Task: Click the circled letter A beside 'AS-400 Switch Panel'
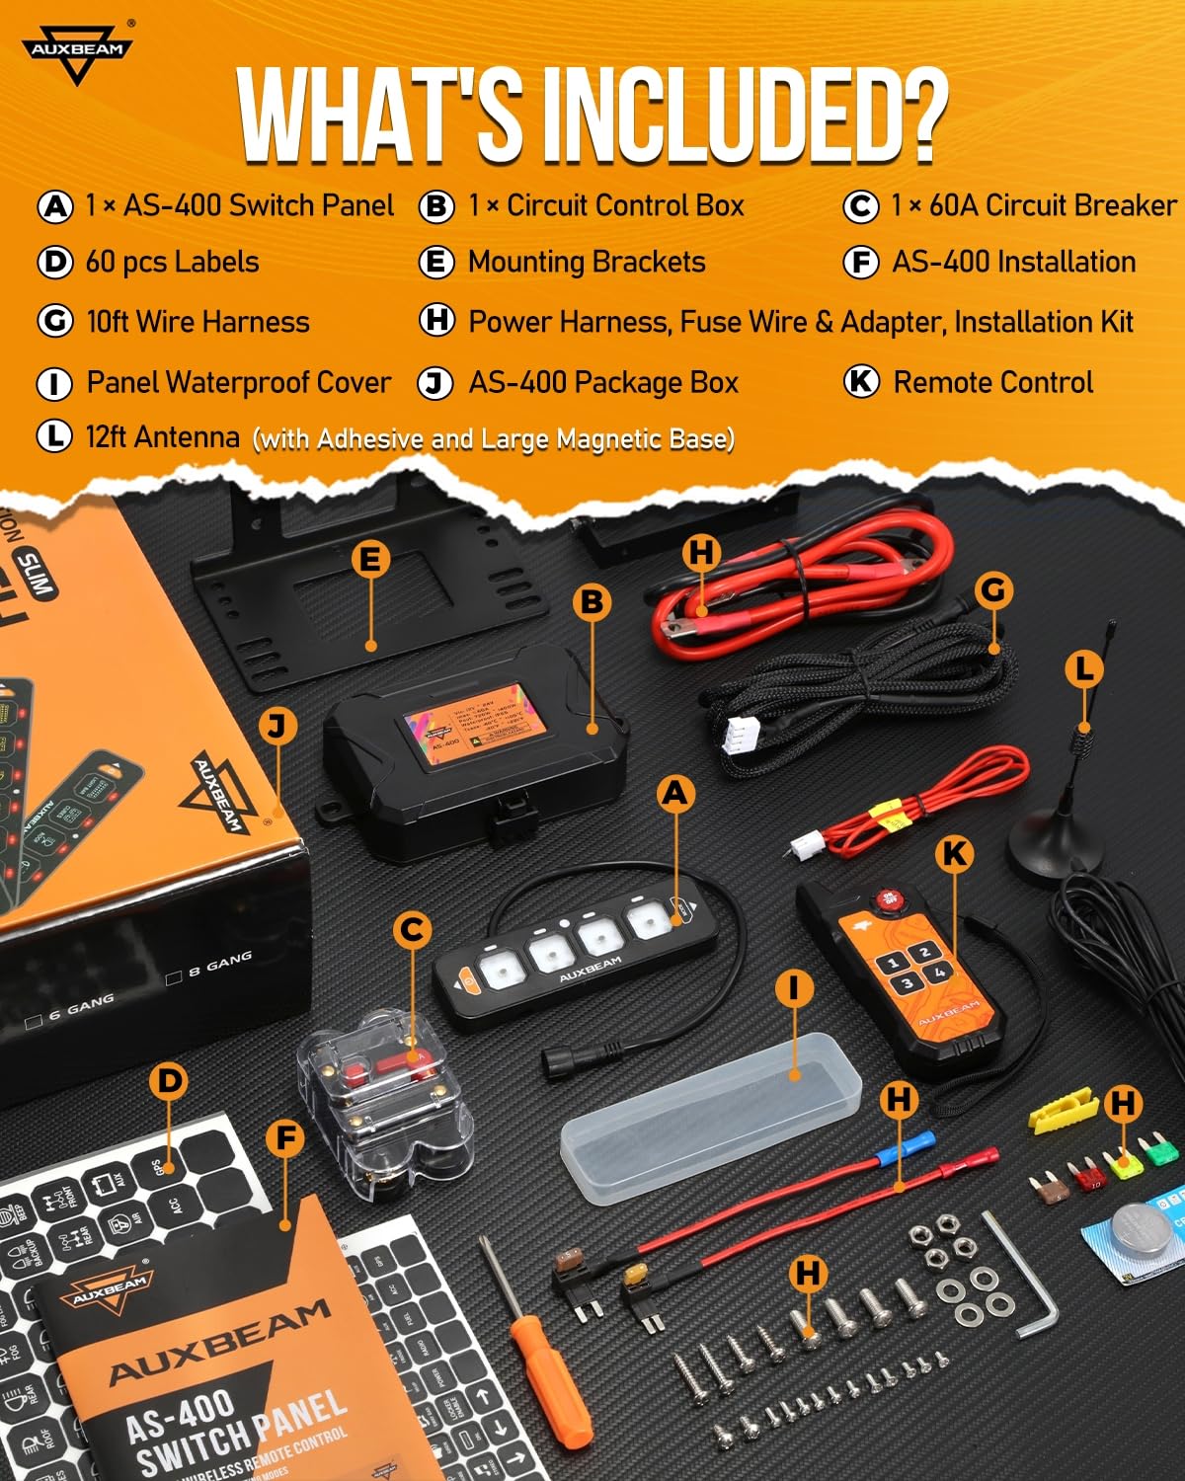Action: [55, 206]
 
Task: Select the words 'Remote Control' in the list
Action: [992, 382]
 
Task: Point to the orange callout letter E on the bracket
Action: [369, 559]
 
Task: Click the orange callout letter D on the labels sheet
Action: [170, 1081]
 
